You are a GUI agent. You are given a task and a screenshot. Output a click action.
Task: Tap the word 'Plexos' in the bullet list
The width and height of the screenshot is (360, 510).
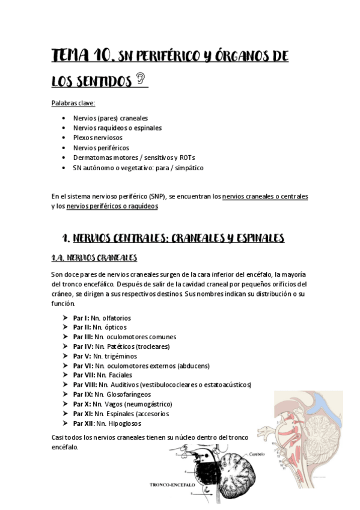click(84, 138)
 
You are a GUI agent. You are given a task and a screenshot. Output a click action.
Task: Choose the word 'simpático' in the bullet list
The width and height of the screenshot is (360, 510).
click(189, 168)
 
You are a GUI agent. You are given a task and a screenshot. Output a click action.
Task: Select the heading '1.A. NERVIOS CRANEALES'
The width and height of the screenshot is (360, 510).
click(94, 259)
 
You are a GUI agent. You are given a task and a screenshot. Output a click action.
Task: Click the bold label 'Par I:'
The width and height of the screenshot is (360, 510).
click(81, 318)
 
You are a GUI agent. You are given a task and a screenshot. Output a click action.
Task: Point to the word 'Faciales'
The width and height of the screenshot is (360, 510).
click(120, 375)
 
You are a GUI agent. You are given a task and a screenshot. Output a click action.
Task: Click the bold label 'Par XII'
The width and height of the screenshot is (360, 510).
click(83, 423)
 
